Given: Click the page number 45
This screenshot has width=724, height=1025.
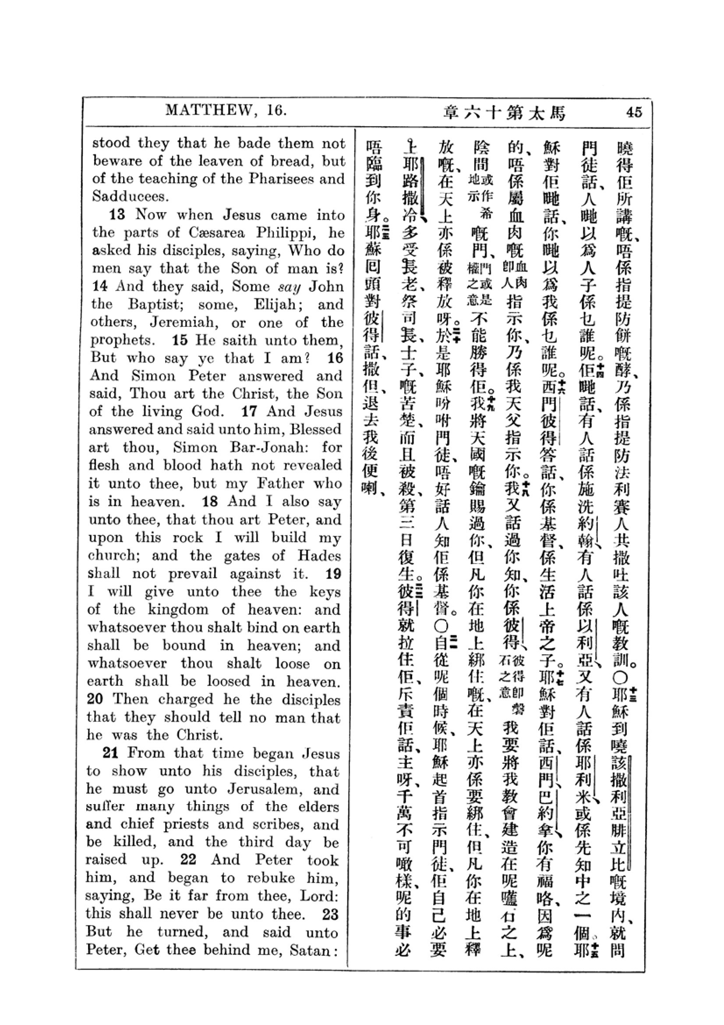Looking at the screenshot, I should pos(634,112).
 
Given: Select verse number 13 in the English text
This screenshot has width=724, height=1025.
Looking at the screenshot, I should pos(117,215).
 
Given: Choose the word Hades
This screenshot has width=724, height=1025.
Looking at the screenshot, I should pos(319,555).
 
